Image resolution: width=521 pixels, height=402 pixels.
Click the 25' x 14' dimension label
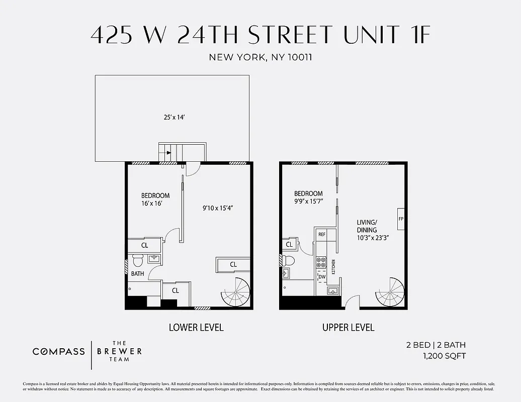point(172,117)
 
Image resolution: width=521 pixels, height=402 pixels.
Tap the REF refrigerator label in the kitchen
point(322,235)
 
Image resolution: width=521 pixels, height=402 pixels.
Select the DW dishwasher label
point(322,276)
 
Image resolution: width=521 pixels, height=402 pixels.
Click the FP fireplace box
point(401,219)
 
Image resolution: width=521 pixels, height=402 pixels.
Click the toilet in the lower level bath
point(137,261)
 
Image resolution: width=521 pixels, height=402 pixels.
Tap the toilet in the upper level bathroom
point(288,260)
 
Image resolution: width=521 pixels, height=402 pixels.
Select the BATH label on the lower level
point(137,274)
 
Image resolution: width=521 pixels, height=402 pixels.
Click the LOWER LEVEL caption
point(196,328)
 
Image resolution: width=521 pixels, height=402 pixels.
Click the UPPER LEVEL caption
point(349,328)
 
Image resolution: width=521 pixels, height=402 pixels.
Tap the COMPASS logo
point(59,351)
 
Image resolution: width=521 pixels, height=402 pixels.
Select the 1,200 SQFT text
point(444,356)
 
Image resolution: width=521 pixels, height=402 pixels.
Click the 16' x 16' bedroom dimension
point(151,204)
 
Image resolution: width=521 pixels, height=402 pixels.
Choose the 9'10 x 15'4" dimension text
point(217,207)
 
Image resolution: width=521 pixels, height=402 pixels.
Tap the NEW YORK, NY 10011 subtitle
point(260,57)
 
